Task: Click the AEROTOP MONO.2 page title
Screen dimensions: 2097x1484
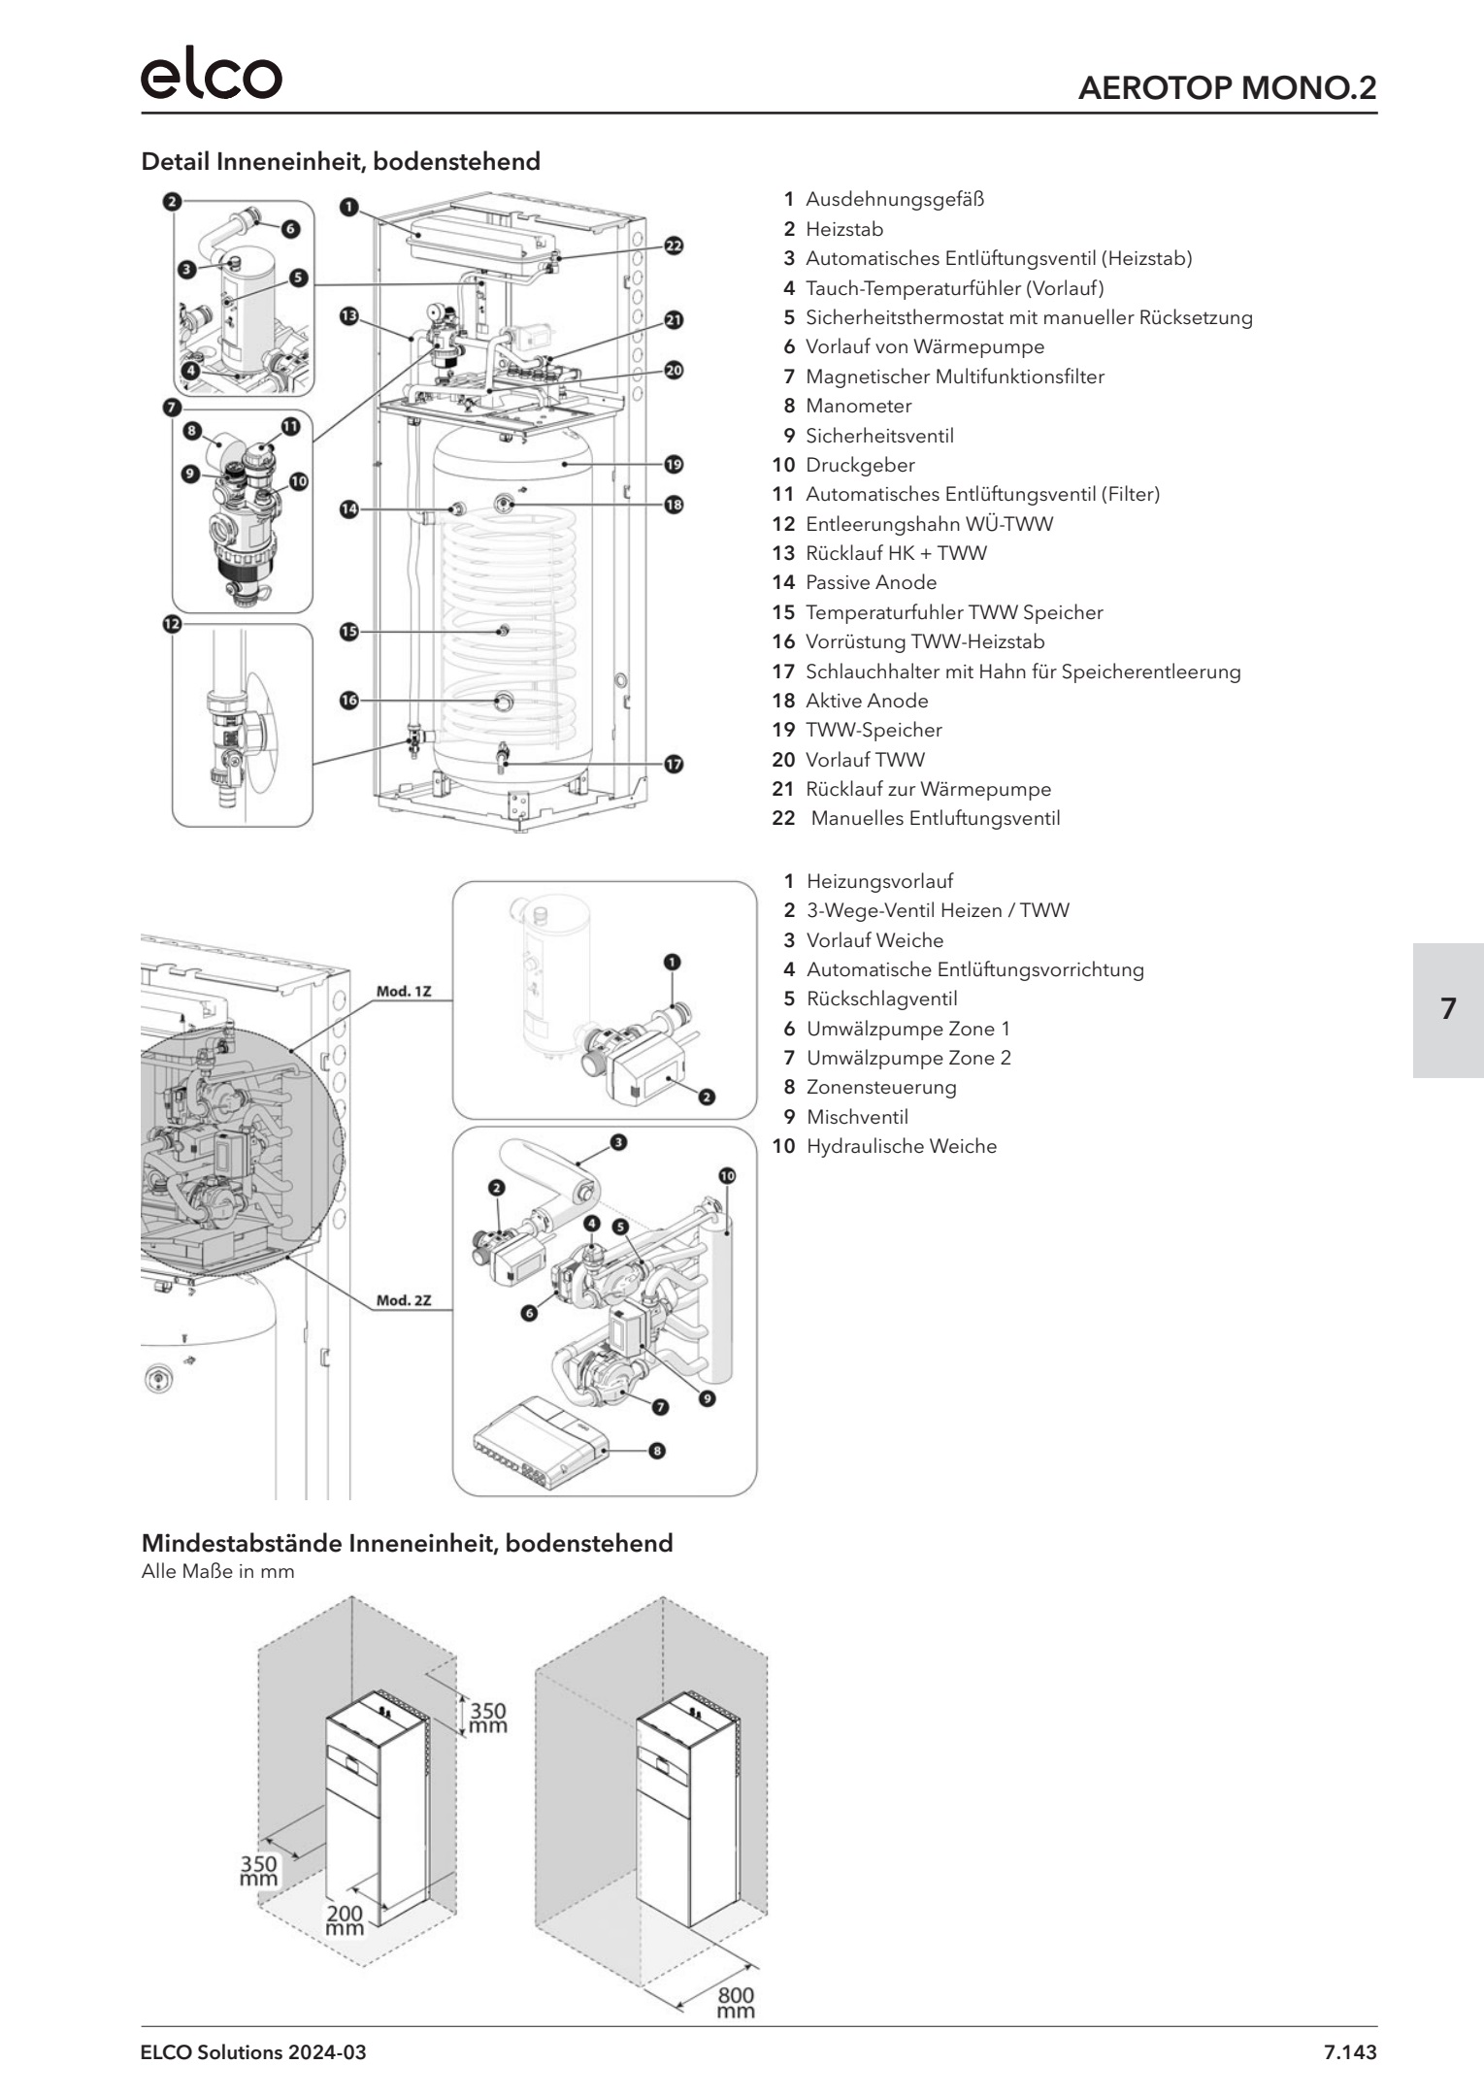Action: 1227,88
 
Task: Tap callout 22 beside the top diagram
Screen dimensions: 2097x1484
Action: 674,246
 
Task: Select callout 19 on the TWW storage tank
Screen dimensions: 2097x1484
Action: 674,464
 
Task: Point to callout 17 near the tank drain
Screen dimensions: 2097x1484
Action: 674,764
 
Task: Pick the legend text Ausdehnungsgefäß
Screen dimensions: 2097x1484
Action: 894,200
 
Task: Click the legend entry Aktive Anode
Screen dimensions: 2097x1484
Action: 866,701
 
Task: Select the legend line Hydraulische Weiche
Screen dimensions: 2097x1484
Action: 901,1146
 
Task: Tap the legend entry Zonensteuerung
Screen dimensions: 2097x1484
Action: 880,1087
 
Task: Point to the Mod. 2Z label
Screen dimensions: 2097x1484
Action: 404,1300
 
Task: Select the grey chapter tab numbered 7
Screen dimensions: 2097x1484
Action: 1447,1009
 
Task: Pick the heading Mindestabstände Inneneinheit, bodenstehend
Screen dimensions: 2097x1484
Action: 407,1543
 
